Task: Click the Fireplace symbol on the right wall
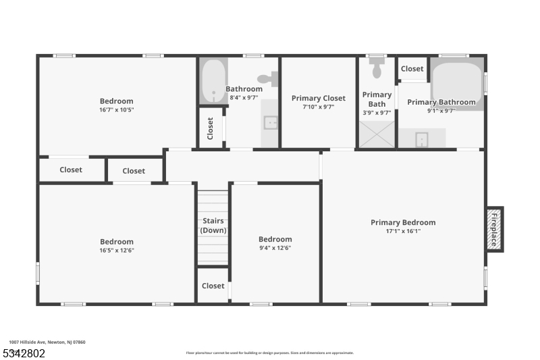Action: click(x=495, y=230)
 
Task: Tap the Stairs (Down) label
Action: click(x=213, y=226)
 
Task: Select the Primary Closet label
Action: click(x=319, y=99)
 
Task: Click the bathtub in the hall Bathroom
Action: click(x=214, y=82)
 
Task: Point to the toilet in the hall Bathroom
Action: click(x=268, y=79)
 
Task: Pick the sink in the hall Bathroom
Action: click(x=269, y=122)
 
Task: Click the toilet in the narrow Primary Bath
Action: click(x=377, y=70)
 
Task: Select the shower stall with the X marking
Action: click(x=377, y=135)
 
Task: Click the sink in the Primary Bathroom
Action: click(x=421, y=139)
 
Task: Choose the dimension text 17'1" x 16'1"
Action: click(x=403, y=231)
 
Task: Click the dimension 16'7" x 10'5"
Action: click(x=117, y=109)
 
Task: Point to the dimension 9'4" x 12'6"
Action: click(x=275, y=248)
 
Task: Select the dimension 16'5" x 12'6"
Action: click(x=117, y=250)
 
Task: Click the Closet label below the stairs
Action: click(x=213, y=286)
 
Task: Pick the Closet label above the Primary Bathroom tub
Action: click(x=412, y=69)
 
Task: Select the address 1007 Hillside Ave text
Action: click(x=47, y=342)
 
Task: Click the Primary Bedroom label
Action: click(x=403, y=222)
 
